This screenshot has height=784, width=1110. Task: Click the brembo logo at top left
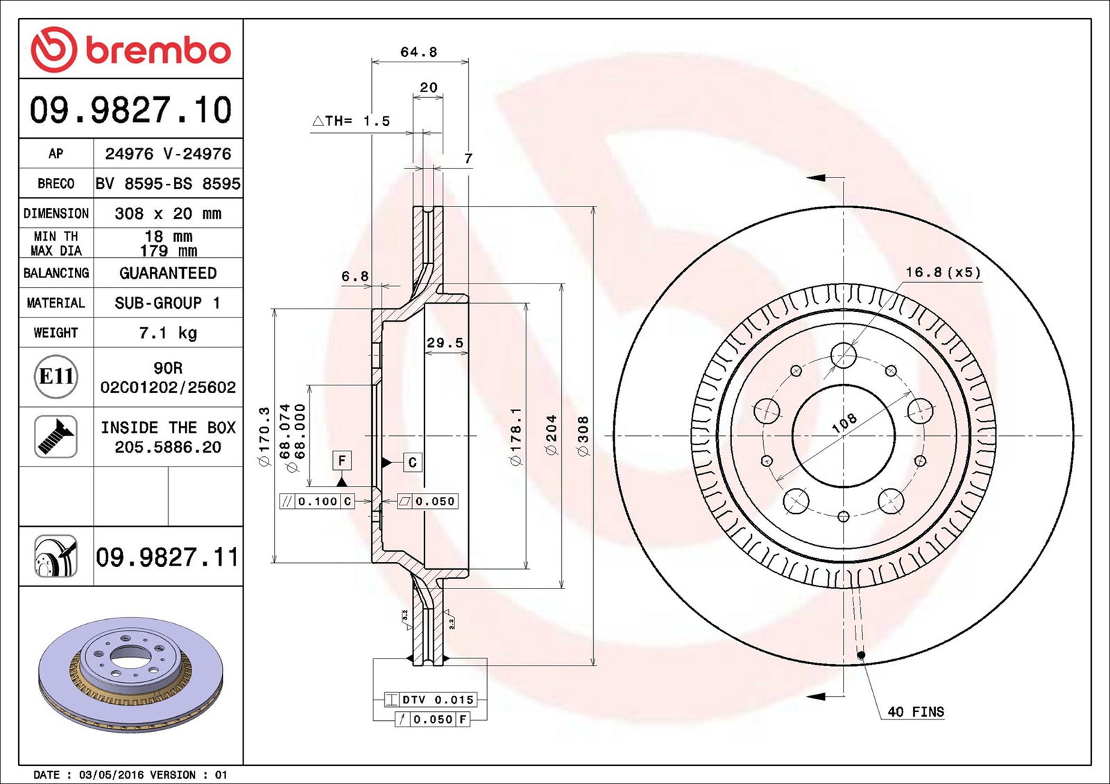(x=130, y=50)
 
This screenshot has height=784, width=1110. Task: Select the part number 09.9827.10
(x=130, y=110)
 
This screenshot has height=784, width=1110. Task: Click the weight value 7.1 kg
(x=168, y=333)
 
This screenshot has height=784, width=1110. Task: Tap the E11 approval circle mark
(x=55, y=376)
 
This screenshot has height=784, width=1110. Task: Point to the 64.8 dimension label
(x=418, y=52)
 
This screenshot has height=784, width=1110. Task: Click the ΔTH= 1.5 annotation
(x=351, y=121)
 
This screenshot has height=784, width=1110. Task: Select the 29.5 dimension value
(x=445, y=342)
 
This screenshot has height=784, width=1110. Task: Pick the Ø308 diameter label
(x=583, y=436)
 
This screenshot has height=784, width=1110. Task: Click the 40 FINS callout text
(x=915, y=711)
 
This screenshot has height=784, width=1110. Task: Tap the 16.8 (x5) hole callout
(x=943, y=272)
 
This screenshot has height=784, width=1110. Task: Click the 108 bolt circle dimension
(x=844, y=423)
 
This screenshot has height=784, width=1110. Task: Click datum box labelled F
(x=341, y=460)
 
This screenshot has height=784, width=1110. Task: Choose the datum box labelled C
(x=412, y=462)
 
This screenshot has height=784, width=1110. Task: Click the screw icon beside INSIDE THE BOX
(x=55, y=437)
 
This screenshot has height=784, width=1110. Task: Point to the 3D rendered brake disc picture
(x=130, y=674)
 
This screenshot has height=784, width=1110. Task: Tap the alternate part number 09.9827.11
(x=167, y=557)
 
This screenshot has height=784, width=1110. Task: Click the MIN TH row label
(x=55, y=236)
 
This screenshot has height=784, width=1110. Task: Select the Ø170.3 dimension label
(x=264, y=436)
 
